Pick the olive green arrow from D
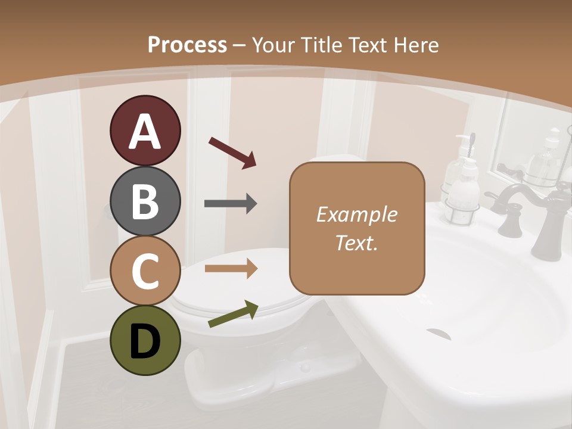click(232, 315)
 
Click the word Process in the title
click(187, 45)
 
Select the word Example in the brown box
click(356, 214)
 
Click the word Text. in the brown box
click(356, 243)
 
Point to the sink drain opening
click(439, 332)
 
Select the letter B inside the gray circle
click(145, 201)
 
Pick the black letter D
click(145, 341)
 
